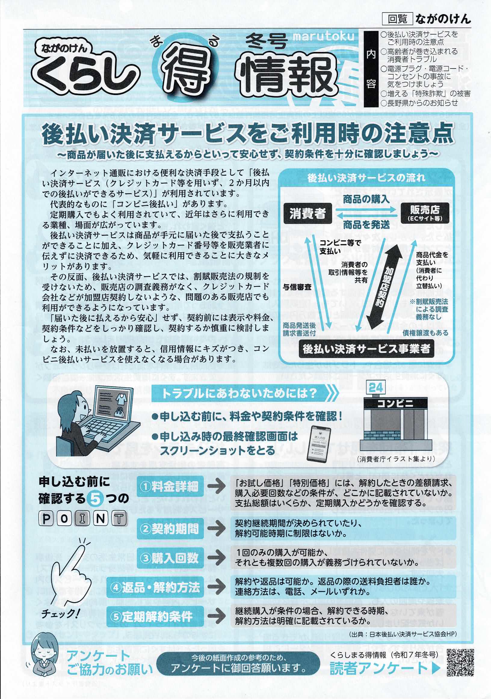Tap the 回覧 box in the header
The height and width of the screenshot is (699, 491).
tap(397, 19)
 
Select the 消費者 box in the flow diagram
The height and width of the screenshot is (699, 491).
tap(308, 213)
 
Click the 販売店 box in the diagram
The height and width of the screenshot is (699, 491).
tap(425, 213)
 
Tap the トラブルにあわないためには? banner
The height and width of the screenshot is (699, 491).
tap(245, 393)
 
